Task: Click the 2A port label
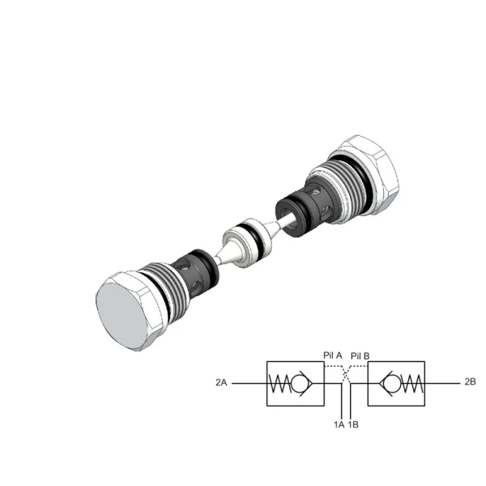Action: (x=221, y=383)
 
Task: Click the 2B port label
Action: (x=470, y=382)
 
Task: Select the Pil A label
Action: (x=333, y=356)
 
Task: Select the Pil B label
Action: (x=360, y=356)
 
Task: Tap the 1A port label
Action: (x=339, y=424)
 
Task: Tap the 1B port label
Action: (x=353, y=424)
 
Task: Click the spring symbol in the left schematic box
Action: (x=279, y=384)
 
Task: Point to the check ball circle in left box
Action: (x=299, y=384)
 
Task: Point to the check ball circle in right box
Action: (x=392, y=384)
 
